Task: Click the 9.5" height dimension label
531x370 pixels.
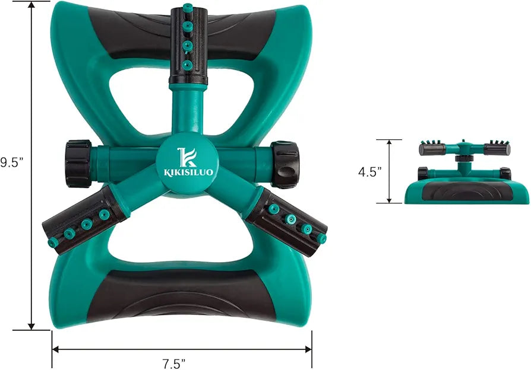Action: pyautogui.click(x=11, y=162)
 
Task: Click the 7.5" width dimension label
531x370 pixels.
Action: pyautogui.click(x=173, y=364)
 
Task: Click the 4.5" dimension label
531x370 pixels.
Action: pyautogui.click(x=370, y=172)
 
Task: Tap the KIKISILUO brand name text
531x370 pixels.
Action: pyautogui.click(x=189, y=173)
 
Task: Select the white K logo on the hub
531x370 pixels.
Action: pyautogui.click(x=186, y=157)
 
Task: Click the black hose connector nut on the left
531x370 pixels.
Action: pyautogui.click(x=78, y=164)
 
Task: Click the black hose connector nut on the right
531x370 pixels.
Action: pyautogui.click(x=285, y=164)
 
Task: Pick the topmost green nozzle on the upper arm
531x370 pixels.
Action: pyautogui.click(x=187, y=7)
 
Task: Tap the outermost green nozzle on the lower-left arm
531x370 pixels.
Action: pyautogui.click(x=53, y=242)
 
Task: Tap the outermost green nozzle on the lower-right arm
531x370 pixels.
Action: pyautogui.click(x=322, y=239)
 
